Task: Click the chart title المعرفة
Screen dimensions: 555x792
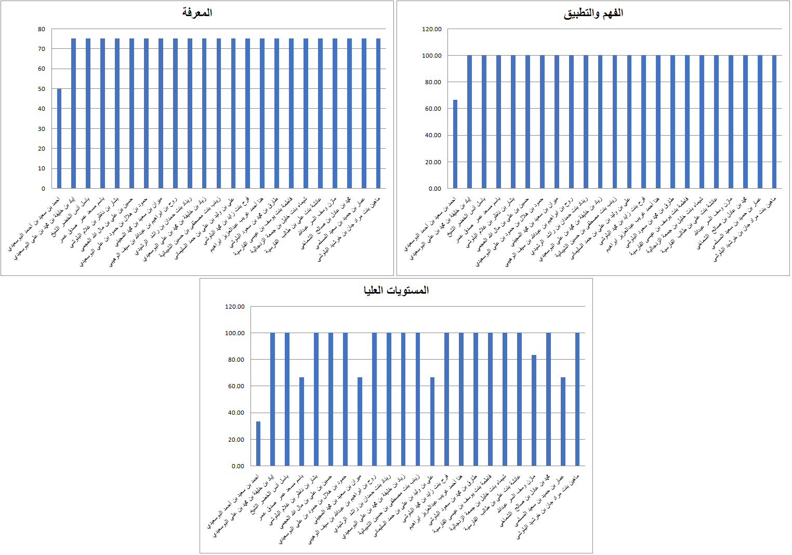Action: pos(197,12)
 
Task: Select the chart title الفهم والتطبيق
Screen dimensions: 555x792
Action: pos(593,14)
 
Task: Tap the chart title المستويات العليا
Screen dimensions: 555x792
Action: pos(396,290)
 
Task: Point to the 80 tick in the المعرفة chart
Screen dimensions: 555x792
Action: pos(42,29)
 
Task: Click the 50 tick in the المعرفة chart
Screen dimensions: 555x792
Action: pos(42,89)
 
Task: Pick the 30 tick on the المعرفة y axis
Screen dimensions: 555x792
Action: pos(42,129)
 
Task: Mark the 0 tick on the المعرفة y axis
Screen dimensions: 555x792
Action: pos(43,189)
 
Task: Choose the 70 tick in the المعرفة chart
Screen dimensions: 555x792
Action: pos(42,49)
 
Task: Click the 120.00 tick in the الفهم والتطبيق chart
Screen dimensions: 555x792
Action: pos(431,29)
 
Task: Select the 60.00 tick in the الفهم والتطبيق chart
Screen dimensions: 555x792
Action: pos(433,109)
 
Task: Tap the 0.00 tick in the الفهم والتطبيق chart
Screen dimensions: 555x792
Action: pos(435,189)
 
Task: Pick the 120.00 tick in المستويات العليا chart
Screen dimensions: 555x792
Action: pos(234,307)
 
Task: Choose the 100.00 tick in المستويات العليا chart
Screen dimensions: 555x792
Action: pos(234,333)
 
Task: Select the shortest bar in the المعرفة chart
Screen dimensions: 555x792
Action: pos(59,139)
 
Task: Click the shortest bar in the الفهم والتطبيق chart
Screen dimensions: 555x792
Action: pos(455,144)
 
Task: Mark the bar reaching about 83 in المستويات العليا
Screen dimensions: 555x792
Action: pos(534,410)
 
